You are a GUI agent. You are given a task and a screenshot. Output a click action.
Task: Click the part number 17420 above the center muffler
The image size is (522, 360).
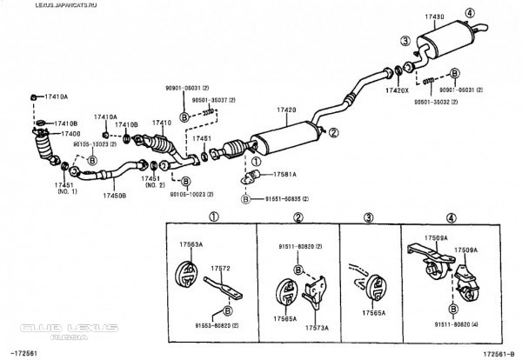coord(287,110)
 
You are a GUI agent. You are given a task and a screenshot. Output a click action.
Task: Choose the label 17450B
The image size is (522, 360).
coord(115,196)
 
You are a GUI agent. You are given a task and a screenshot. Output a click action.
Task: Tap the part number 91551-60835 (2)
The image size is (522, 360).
coord(286,199)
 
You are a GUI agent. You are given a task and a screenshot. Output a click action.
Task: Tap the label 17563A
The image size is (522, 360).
coord(191,245)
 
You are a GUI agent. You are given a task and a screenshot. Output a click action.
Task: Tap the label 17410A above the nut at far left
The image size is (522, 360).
coord(57,97)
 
